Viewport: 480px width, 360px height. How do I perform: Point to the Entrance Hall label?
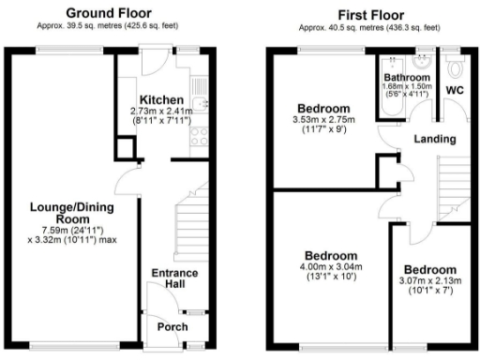pyautogui.click(x=174, y=279)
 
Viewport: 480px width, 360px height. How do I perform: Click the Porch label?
pyautogui.click(x=172, y=326)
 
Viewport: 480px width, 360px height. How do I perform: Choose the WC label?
pyautogui.click(x=456, y=90)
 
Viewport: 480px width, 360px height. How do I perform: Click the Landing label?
pyautogui.click(x=436, y=140)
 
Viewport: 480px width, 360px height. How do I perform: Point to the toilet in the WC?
pyautogui.click(x=456, y=67)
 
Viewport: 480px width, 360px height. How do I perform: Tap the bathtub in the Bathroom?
pyautogui.click(x=388, y=94)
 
